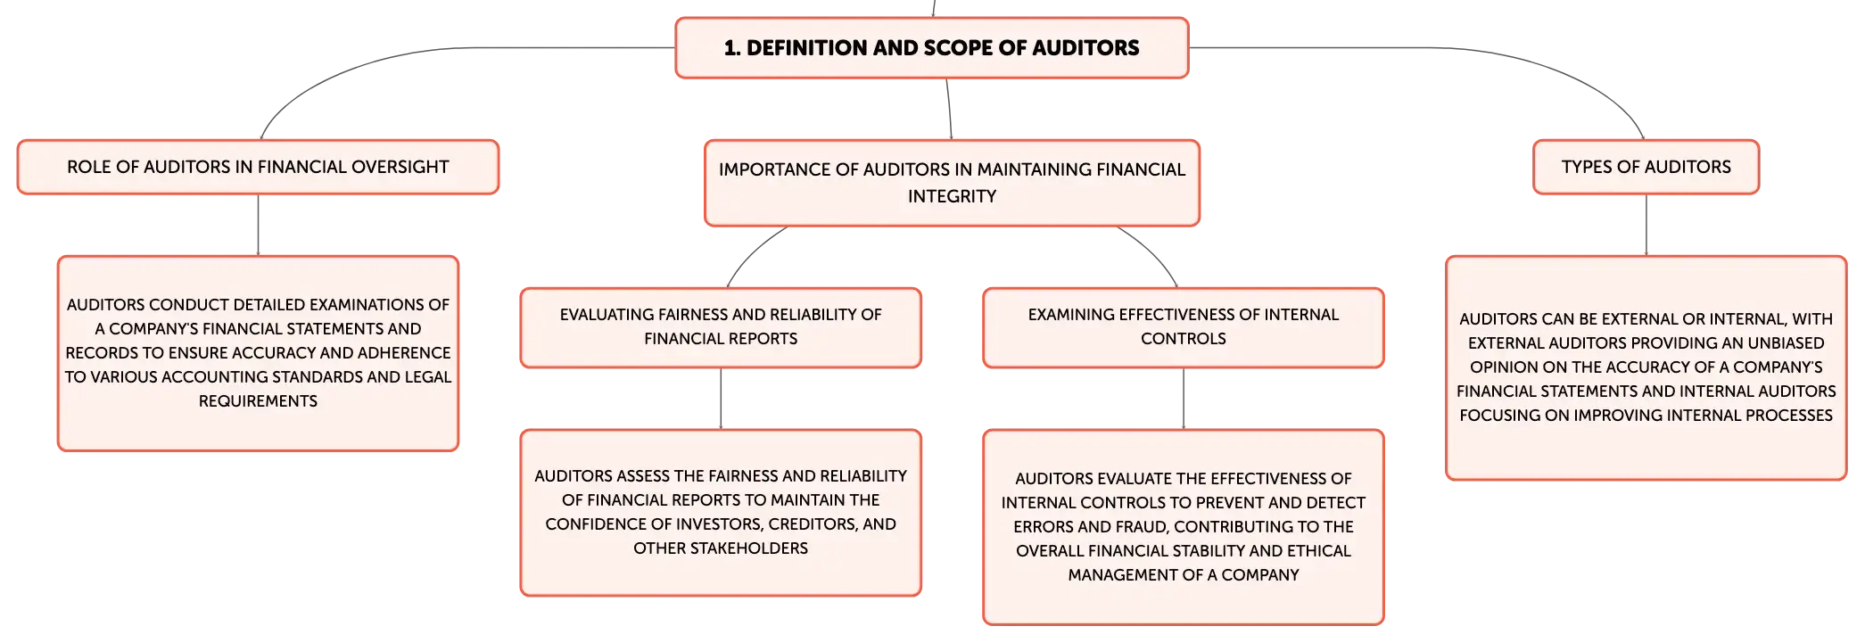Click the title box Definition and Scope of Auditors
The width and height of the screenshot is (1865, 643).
coord(932,48)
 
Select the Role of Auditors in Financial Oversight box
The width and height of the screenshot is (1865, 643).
coord(258,167)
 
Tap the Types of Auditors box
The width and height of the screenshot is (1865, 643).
coord(1646,167)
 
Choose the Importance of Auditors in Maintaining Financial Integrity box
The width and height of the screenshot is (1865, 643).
coord(953,183)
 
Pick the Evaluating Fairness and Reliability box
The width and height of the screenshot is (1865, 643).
coord(721,327)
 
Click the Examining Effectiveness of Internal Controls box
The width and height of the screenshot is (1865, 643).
coord(1184,327)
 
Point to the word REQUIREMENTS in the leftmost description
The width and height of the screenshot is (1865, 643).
coord(258,401)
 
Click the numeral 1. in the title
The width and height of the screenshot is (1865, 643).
coord(732,48)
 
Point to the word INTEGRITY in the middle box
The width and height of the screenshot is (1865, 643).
coord(953,196)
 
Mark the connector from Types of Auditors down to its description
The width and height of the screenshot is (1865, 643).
coord(1646,225)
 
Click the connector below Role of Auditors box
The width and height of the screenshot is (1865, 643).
coord(258,225)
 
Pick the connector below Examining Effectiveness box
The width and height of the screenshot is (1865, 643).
coord(1184,399)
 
